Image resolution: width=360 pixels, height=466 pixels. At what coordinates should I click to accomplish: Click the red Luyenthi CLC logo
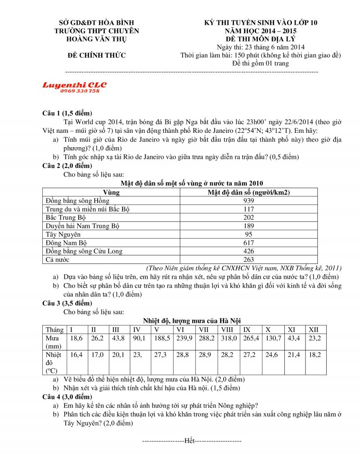74,85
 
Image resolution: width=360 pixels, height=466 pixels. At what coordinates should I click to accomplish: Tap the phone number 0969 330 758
79,91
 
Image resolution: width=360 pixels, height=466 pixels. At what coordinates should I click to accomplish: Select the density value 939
248,200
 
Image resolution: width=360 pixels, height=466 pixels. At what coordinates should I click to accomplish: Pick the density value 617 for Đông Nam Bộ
248,243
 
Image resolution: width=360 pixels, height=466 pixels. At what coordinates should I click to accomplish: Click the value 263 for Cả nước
248,259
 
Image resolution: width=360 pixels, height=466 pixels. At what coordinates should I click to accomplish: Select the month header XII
314,329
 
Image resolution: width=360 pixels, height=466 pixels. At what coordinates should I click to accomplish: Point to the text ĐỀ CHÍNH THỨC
96,55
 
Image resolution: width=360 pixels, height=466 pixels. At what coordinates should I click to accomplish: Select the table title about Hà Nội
192,321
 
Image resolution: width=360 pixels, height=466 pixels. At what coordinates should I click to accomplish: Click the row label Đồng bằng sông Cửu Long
84,251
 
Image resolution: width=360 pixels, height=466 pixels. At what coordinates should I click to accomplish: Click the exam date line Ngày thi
261,47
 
